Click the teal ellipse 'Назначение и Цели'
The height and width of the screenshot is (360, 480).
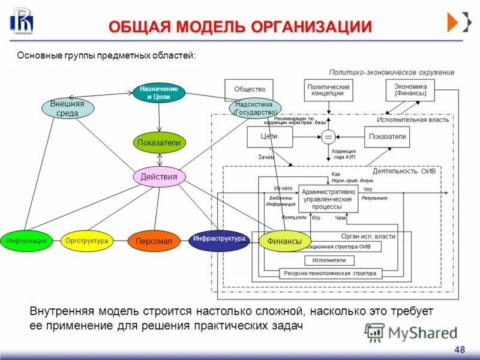click(159, 92)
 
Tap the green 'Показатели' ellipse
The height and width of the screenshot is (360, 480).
click(159, 143)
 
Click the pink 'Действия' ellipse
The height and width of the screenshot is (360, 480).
click(159, 176)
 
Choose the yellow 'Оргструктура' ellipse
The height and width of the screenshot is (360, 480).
click(86, 241)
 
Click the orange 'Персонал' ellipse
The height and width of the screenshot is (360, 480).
click(154, 241)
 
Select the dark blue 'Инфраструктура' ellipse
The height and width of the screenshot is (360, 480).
click(219, 239)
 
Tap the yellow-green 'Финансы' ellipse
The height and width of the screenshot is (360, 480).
click(285, 241)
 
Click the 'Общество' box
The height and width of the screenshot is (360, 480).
click(249, 90)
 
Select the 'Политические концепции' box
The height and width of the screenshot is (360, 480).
click(328, 91)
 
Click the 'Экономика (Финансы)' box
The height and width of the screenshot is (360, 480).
click(410, 90)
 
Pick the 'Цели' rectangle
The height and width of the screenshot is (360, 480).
click(269, 137)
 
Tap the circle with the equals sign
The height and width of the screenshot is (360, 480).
click(328, 137)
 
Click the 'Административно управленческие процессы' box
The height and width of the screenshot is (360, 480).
click(328, 198)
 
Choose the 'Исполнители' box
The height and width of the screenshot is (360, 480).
click(329, 260)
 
